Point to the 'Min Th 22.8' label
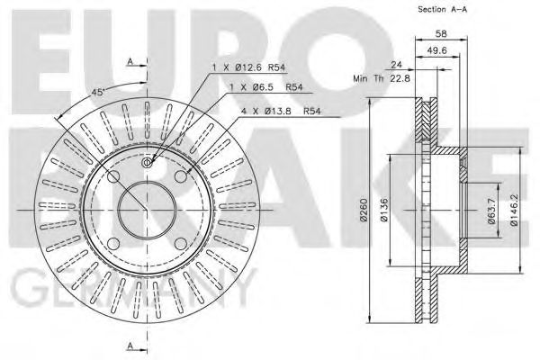point(383,79)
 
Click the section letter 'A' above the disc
point(130,60)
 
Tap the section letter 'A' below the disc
point(130,346)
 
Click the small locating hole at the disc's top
point(148,162)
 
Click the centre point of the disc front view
point(147,208)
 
